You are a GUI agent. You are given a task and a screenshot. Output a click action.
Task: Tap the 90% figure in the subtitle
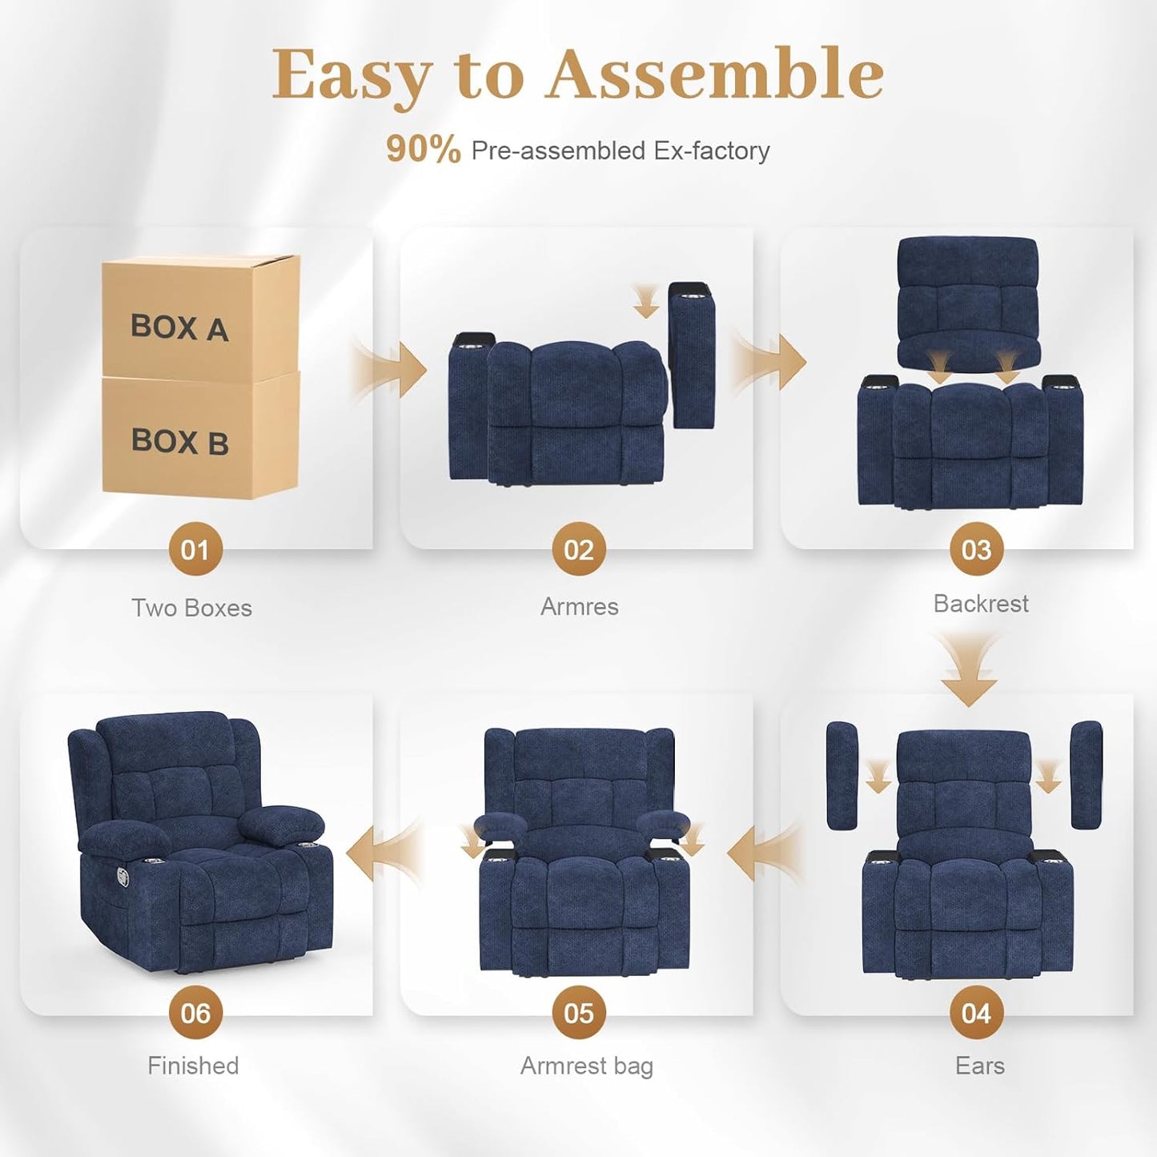423,150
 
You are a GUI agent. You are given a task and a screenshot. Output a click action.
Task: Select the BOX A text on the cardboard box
179,327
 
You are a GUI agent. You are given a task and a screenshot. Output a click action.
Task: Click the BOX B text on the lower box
179,441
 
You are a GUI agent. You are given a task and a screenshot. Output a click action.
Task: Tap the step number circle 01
195,549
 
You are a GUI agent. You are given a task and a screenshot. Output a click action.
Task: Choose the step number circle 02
578,549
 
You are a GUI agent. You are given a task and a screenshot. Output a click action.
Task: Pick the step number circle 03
976,549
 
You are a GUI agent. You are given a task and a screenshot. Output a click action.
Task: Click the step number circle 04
976,1013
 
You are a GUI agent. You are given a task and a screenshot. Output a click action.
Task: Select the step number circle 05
578,1013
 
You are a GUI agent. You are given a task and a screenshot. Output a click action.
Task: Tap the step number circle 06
195,1013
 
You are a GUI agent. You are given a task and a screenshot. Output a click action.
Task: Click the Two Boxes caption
191,609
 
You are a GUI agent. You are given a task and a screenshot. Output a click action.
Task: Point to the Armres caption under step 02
579,607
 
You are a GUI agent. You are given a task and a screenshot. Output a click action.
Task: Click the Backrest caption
981,604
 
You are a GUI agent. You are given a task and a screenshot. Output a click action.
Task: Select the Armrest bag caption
587,1066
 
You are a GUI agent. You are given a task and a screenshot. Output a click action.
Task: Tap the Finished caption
193,1066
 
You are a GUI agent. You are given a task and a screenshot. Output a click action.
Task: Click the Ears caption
979,1066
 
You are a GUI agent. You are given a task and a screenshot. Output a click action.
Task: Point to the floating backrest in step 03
968,300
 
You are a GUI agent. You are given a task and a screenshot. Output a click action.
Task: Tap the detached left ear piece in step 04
842,774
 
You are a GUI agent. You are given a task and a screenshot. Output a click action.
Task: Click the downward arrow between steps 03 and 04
969,673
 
